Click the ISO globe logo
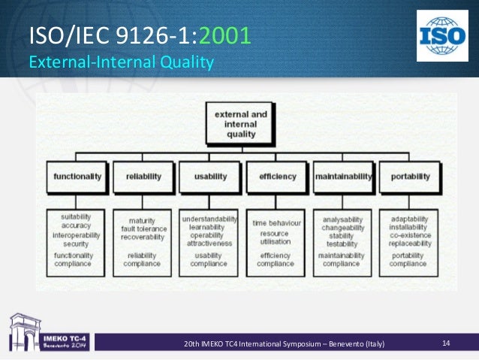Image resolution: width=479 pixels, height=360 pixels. click(x=442, y=35)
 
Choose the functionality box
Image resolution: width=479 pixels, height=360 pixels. click(x=77, y=177)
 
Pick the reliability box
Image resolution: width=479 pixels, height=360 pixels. click(x=144, y=177)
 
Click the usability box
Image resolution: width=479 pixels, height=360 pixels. click(x=210, y=177)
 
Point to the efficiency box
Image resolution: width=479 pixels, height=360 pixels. click(x=278, y=177)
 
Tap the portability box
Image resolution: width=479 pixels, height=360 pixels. click(x=410, y=177)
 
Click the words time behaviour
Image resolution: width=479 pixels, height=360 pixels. click(x=277, y=223)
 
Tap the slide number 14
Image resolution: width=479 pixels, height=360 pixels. click(x=446, y=343)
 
